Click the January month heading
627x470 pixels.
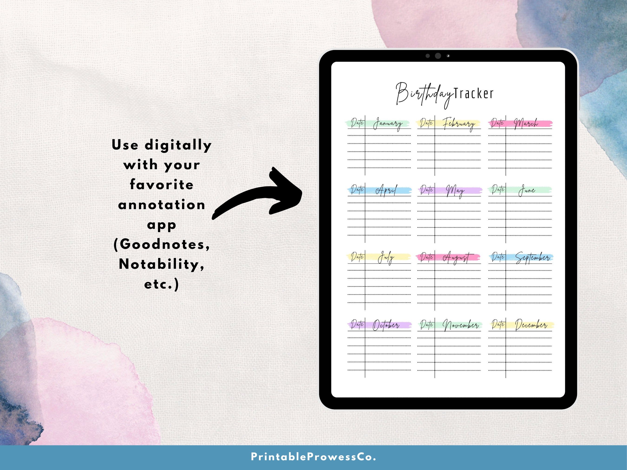pyautogui.click(x=388, y=124)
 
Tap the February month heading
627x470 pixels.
pyautogui.click(x=459, y=124)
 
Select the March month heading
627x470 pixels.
pyautogui.click(x=526, y=123)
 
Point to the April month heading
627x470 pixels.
pyautogui.click(x=386, y=190)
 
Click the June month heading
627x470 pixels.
pyautogui.click(x=527, y=190)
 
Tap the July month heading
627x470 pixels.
pyautogui.click(x=386, y=258)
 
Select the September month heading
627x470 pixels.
pyautogui.click(x=532, y=258)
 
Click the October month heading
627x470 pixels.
pyautogui.click(x=386, y=325)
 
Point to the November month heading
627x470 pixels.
pyautogui.click(x=460, y=325)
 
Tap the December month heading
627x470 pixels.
pyautogui.click(x=531, y=325)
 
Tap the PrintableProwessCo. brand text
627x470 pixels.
pyautogui.click(x=313, y=457)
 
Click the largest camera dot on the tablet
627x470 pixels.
pyautogui.click(x=438, y=56)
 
